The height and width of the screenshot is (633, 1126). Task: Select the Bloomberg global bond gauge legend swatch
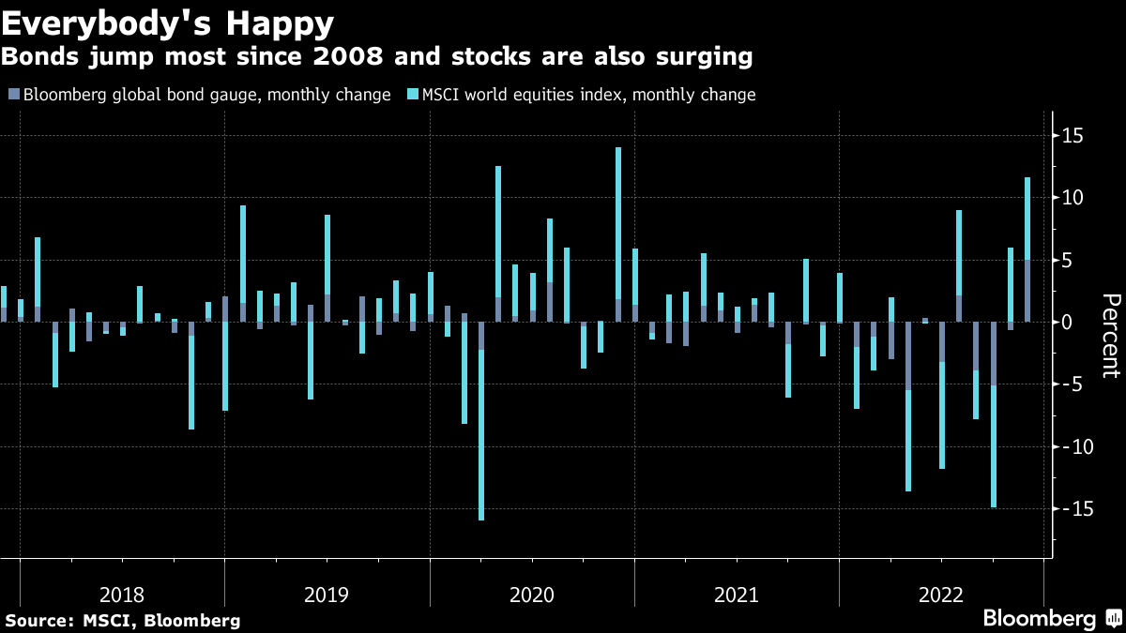[12, 95]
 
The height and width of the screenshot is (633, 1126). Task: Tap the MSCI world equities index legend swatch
[412, 95]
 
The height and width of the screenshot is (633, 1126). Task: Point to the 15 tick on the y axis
[1071, 136]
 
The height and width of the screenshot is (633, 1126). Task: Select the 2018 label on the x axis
[122, 595]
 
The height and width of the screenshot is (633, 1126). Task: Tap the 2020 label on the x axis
[532, 595]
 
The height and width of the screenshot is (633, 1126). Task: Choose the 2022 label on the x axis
[941, 595]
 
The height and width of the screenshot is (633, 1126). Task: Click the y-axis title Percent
[1111, 335]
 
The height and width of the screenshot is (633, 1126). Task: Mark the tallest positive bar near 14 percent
[618, 234]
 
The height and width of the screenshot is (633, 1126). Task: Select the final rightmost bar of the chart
[1027, 249]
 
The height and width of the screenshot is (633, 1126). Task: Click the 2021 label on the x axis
[737, 595]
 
